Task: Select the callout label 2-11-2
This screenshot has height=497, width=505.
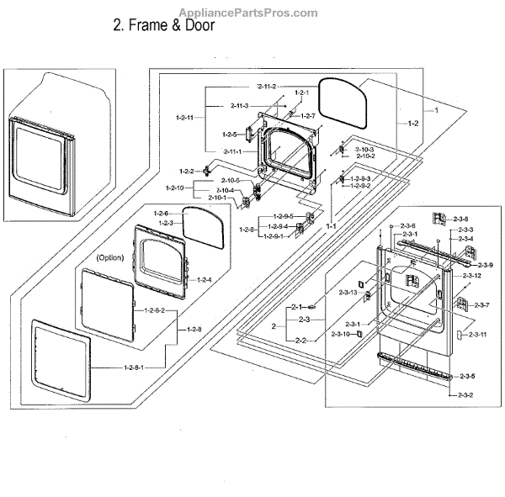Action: click(x=267, y=87)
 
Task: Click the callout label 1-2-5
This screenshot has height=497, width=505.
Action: click(x=230, y=135)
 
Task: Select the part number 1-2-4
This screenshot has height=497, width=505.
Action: click(x=204, y=279)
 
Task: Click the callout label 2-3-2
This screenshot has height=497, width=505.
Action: click(x=465, y=395)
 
